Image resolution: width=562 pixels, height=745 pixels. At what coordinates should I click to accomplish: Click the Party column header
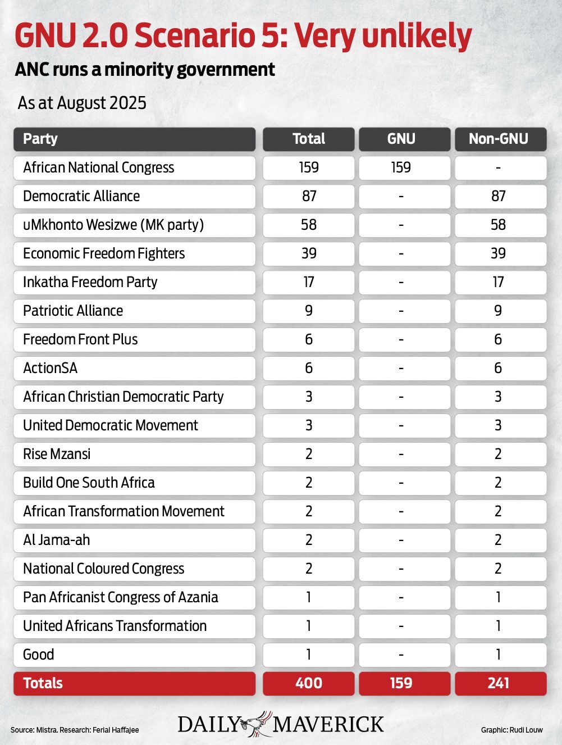[x=40, y=139]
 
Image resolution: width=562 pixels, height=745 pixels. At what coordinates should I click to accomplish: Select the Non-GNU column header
[x=499, y=139]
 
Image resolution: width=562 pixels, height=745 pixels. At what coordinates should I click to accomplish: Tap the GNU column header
[x=401, y=139]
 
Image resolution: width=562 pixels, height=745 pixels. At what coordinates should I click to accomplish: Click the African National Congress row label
[x=99, y=167]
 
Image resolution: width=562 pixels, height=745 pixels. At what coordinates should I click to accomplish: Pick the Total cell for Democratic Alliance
[x=309, y=196]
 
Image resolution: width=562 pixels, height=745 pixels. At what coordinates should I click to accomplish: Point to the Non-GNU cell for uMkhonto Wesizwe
[x=499, y=225]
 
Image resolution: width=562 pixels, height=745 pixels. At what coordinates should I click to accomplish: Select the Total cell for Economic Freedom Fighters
[x=309, y=253]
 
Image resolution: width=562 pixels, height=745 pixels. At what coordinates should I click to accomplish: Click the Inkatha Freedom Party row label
[x=90, y=282]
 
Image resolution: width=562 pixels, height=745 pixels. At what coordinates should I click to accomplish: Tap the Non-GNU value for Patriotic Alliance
[x=499, y=311]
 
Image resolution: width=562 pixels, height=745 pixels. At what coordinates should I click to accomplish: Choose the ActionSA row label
[x=51, y=368]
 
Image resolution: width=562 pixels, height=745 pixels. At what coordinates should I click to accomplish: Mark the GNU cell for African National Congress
[x=401, y=167]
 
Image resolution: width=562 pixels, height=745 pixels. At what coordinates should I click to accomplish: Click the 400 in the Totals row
[x=309, y=683]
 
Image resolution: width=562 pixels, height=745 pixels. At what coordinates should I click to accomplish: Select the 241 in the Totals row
[x=499, y=683]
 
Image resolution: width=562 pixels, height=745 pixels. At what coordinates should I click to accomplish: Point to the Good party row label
[x=39, y=655]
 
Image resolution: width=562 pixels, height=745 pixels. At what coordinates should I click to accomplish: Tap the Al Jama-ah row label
[x=57, y=540]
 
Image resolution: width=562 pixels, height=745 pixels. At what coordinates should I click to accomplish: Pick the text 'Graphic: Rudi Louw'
[x=511, y=730]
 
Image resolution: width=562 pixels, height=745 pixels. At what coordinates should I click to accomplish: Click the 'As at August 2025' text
[x=82, y=103]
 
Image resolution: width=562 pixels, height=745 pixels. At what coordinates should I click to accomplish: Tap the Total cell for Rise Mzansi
[x=309, y=454]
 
